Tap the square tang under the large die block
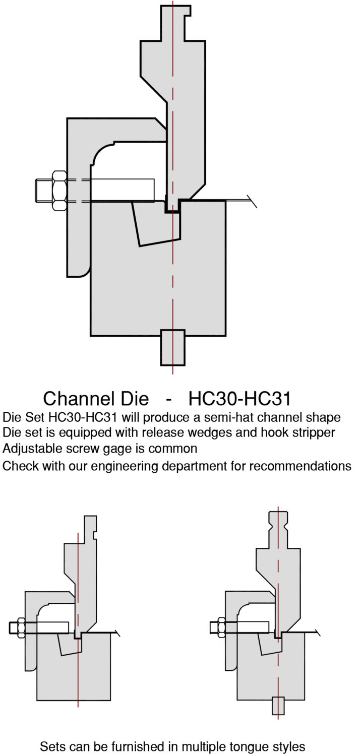pyautogui.click(x=172, y=347)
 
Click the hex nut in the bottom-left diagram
pyautogui.click(x=21, y=627)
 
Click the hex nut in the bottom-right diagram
pyautogui.click(x=220, y=627)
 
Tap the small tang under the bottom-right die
pyautogui.click(x=278, y=706)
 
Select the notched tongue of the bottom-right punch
pyautogui.click(x=278, y=529)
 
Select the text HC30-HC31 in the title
pyautogui.click(x=240, y=398)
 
